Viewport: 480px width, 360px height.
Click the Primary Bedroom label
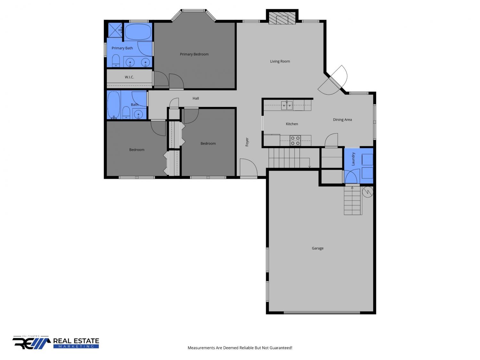pos(194,54)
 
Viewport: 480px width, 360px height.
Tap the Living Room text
pos(280,61)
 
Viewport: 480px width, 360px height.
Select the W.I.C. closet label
pos(129,77)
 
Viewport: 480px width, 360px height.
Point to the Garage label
pos(317,248)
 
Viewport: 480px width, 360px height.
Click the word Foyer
pos(247,142)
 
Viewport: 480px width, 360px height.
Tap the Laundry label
pos(353,159)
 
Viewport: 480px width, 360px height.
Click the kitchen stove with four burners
pos(295,140)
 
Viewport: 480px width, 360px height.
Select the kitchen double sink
pos(287,105)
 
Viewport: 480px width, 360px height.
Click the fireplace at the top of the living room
pos(282,18)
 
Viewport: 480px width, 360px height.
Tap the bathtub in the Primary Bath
pos(138,32)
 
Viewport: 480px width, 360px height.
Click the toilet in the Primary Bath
pos(116,60)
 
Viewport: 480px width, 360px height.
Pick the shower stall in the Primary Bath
pos(115,30)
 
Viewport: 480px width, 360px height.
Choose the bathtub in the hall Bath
pos(114,105)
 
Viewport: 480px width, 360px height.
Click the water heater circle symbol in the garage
pos(367,192)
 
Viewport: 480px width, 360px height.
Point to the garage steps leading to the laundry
pos(352,200)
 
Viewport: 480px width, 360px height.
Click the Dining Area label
pos(342,120)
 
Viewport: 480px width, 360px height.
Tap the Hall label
pos(196,98)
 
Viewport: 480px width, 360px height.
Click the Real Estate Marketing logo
pos(56,342)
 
